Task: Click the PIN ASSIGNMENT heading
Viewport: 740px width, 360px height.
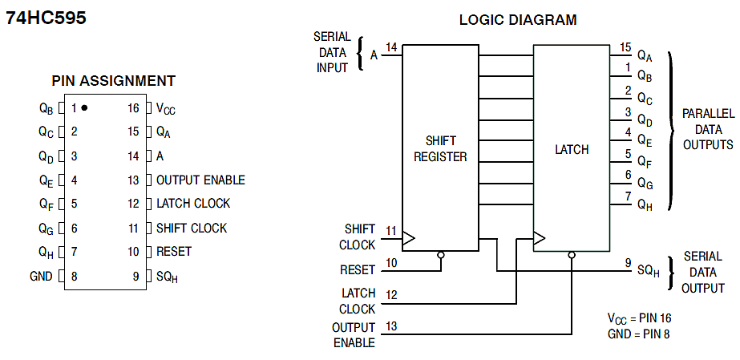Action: click(114, 81)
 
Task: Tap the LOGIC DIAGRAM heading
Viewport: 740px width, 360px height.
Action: click(517, 20)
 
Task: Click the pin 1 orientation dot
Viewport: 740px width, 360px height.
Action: click(84, 107)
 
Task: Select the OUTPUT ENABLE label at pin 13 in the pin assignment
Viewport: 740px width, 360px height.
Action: click(200, 180)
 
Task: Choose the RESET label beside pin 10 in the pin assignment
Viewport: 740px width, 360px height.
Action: click(174, 252)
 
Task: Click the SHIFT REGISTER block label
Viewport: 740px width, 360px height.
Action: click(440, 149)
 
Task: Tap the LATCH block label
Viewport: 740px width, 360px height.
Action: click(572, 149)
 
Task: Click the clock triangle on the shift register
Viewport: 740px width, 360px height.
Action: click(409, 238)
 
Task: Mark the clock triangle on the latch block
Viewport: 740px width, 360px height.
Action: click(540, 238)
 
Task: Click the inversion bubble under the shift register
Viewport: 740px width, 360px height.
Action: click(440, 256)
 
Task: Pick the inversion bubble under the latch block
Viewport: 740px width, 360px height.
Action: click(571, 256)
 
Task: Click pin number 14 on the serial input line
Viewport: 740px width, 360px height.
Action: click(391, 48)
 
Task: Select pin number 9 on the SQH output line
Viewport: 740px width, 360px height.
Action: click(628, 262)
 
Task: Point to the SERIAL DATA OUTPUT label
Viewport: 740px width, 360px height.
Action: click(704, 272)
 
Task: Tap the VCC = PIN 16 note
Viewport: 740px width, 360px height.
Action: click(639, 318)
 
